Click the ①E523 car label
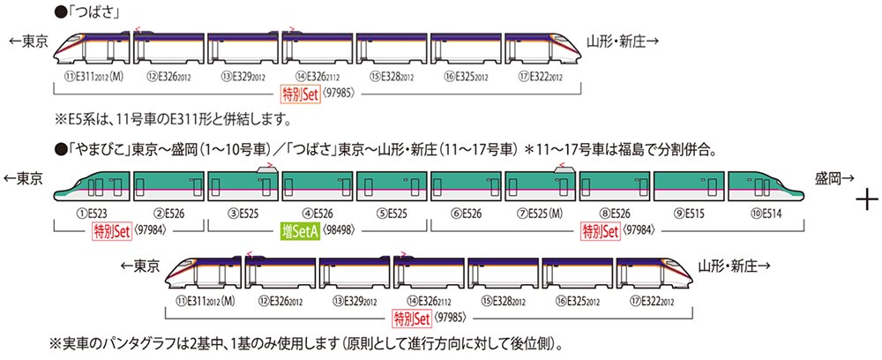point(91,213)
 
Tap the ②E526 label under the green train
point(166,213)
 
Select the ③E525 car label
point(241,213)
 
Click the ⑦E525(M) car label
point(543,213)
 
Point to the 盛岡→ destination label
point(833,177)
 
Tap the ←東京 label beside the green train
point(25,177)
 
